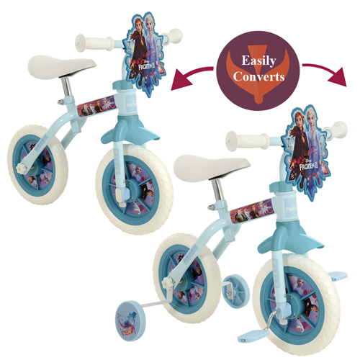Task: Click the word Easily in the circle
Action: pos(258,60)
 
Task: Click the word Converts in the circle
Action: pos(258,77)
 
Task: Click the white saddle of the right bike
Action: pos(211,167)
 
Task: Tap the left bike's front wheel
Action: pos(135,189)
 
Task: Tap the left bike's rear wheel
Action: pos(37,164)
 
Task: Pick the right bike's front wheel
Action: pos(297,305)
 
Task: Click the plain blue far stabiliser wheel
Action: pos(236,291)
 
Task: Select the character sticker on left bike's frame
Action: pos(96,106)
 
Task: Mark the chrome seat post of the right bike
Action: pos(218,190)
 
